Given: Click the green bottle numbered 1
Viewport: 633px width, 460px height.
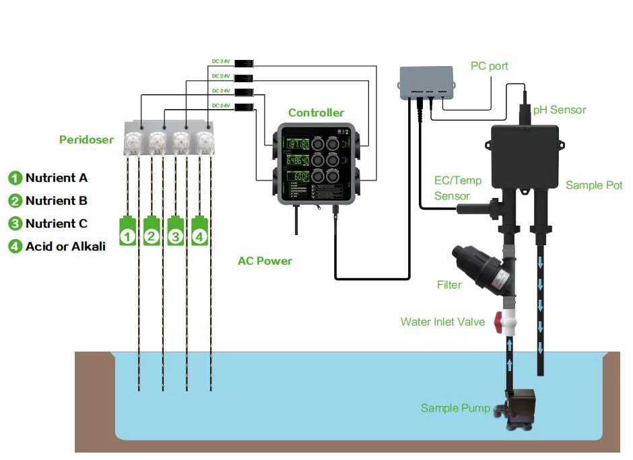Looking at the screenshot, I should click(x=128, y=232).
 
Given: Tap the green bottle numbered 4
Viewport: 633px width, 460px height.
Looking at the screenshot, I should click(x=199, y=232).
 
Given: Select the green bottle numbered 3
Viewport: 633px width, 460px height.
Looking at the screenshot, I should click(x=176, y=232).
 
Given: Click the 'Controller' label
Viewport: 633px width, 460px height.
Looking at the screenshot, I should click(x=316, y=113).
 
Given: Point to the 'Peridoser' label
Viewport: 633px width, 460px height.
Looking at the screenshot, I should click(x=86, y=140).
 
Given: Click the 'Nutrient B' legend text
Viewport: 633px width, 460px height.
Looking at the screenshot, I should click(x=57, y=201).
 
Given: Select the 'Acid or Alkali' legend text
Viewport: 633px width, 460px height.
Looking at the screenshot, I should click(x=65, y=247).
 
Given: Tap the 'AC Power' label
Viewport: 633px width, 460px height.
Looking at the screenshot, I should click(x=265, y=261).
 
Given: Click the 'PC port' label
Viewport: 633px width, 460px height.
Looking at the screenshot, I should click(x=489, y=67).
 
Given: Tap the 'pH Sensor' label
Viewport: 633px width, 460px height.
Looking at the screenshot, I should click(x=559, y=110).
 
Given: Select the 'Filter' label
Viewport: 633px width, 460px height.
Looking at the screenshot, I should click(x=449, y=285).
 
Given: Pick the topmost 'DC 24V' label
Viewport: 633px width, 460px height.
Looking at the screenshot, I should click(x=221, y=61).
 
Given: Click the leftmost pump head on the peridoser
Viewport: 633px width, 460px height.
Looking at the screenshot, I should click(x=133, y=141).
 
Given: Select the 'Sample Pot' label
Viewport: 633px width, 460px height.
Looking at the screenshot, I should click(x=593, y=185).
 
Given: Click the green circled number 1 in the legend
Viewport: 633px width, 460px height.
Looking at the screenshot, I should click(x=15, y=178).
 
